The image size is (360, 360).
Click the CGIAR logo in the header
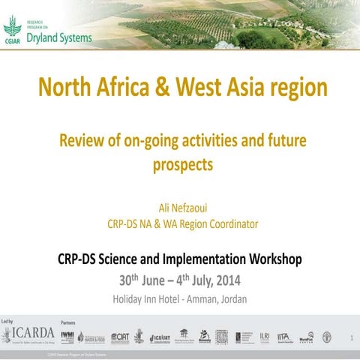(11, 30)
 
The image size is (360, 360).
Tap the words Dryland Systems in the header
(59, 37)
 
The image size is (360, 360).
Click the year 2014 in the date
(226, 282)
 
